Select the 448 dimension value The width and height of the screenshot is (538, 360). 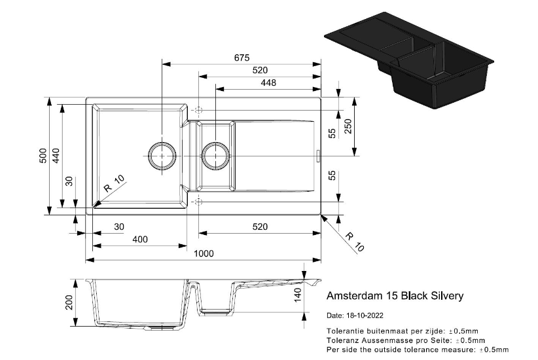tap(268, 82)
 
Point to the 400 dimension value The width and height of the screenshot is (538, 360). tap(139, 240)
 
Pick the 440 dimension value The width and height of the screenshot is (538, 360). tap(56, 156)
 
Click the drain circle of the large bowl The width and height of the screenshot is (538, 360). tap(161, 155)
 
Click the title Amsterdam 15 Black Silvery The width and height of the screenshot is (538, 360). tap(395, 296)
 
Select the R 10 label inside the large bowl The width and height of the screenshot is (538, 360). tap(113, 185)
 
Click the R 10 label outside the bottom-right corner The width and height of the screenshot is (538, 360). tap(354, 242)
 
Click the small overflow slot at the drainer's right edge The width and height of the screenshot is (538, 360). tap(319, 155)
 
